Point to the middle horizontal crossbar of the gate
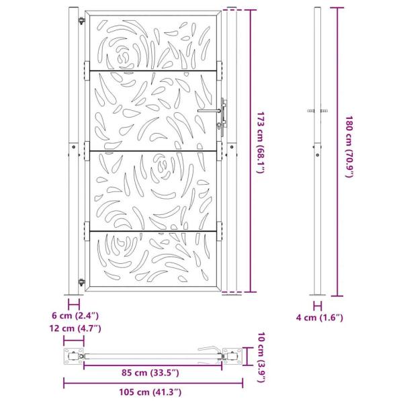pos(154,150)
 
